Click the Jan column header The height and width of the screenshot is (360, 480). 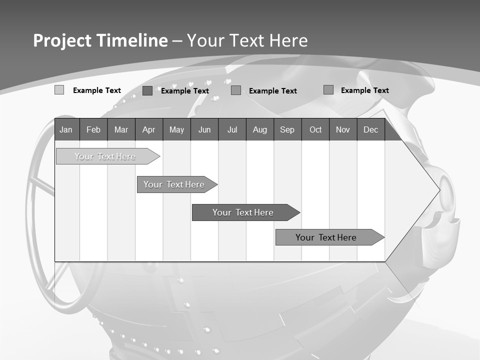tap(66, 129)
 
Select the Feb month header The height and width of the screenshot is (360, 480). tap(93, 129)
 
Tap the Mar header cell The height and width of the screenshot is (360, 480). tap(121, 129)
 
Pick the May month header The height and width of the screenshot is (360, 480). tap(176, 129)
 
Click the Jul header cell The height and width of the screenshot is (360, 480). tap(232, 129)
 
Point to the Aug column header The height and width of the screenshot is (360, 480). tap(259, 129)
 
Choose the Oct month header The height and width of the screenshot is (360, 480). tap(315, 129)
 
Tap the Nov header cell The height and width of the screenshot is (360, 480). tap(343, 129)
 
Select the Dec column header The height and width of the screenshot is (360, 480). tap(370, 129)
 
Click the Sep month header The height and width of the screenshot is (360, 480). tap(287, 129)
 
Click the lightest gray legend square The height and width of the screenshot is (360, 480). tap(59, 90)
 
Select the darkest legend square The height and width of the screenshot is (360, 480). tap(147, 90)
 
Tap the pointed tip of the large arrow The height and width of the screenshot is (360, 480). tap(438, 189)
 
